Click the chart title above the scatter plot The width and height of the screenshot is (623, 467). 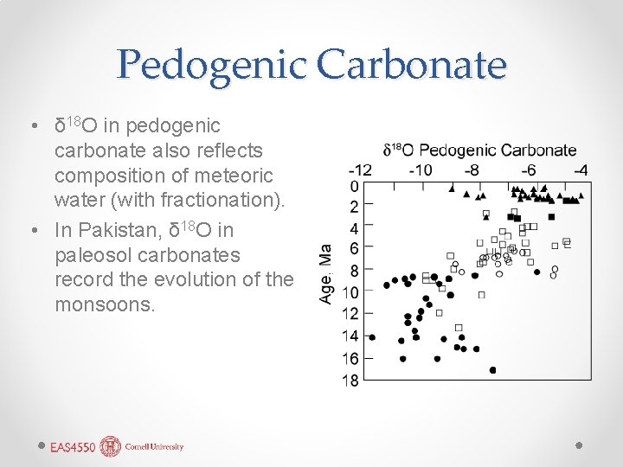[x=479, y=150]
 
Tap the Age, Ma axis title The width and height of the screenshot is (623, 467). [x=326, y=272]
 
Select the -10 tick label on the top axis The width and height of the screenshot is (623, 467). [x=420, y=170]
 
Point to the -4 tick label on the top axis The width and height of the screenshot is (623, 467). [x=580, y=170]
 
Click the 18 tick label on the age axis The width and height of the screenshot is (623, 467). [x=350, y=381]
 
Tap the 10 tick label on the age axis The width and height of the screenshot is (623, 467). [x=350, y=292]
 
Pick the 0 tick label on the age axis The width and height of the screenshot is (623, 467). [x=354, y=187]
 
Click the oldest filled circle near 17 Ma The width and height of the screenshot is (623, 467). [x=493, y=370]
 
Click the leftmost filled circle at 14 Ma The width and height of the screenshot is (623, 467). [x=372, y=337]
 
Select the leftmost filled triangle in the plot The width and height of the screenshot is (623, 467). [x=452, y=188]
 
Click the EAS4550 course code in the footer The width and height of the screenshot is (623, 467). [x=72, y=447]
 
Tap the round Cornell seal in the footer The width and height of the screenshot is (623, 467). [x=110, y=446]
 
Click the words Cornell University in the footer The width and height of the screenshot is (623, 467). [x=154, y=447]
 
